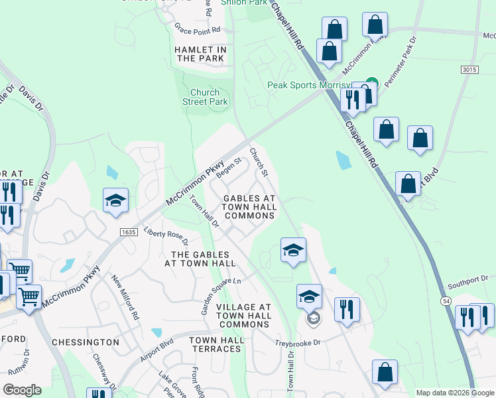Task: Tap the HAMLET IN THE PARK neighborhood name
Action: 201,54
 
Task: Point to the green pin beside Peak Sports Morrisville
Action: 371,84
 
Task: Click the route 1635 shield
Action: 129,232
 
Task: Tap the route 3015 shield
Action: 468,70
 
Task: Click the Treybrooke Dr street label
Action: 298,343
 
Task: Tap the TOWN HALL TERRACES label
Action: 216,344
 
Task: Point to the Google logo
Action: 22,390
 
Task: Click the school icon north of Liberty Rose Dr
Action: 115,201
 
